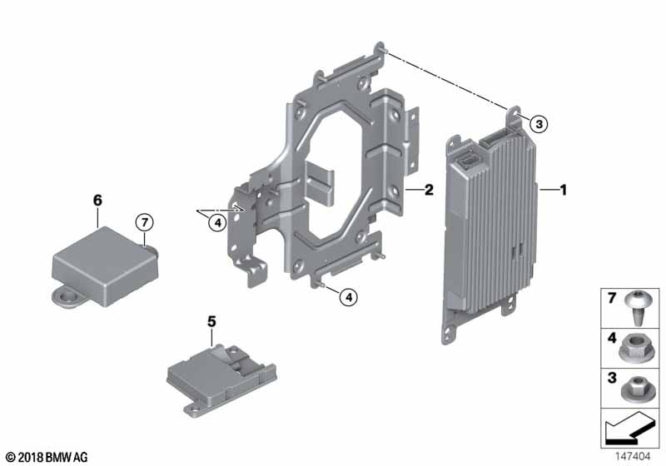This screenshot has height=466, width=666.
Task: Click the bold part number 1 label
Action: coord(564,190)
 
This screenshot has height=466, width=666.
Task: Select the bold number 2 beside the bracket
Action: coord(429,190)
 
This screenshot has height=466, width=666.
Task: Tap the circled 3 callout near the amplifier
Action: coord(539,124)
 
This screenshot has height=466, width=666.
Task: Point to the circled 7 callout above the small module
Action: coord(144,222)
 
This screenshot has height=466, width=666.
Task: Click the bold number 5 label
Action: coord(211,322)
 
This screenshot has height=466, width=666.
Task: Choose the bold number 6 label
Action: coord(97,200)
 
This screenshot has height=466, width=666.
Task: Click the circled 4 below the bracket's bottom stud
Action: coord(349,298)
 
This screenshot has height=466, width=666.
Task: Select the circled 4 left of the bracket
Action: coord(217,222)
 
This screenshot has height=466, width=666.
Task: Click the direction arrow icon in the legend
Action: coord(630,429)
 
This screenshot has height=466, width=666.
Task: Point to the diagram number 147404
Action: coord(633,457)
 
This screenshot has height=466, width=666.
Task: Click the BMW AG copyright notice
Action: coord(47,457)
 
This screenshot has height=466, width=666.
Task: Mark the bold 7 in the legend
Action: coord(612,299)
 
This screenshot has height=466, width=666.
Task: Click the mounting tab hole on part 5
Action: coord(195,409)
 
